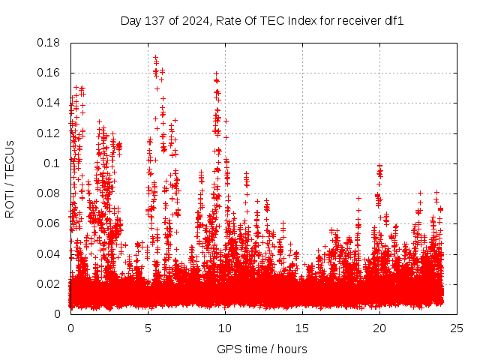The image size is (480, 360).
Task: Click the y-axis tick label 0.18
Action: pos(49,43)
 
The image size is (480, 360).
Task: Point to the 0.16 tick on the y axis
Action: pos(49,73)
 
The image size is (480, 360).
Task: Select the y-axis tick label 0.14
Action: pos(49,103)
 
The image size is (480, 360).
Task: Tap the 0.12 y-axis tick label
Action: pos(49,133)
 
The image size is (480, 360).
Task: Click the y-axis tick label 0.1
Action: pos(52,163)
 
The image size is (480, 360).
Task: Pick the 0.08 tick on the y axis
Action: pos(49,193)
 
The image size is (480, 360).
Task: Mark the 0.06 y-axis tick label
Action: pos(49,223)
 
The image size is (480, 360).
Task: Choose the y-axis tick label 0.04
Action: pos(49,253)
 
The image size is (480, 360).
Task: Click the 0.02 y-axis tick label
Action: pos(49,283)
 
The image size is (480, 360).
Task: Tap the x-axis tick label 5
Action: pos(148,328)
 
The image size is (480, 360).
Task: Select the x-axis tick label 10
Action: pos(225,328)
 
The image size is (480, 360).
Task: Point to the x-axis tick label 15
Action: pos(302,328)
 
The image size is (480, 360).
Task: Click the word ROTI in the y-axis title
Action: pos(10,202)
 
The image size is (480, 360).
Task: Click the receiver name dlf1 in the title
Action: pos(394,20)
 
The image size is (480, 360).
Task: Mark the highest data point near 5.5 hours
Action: pos(155,57)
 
